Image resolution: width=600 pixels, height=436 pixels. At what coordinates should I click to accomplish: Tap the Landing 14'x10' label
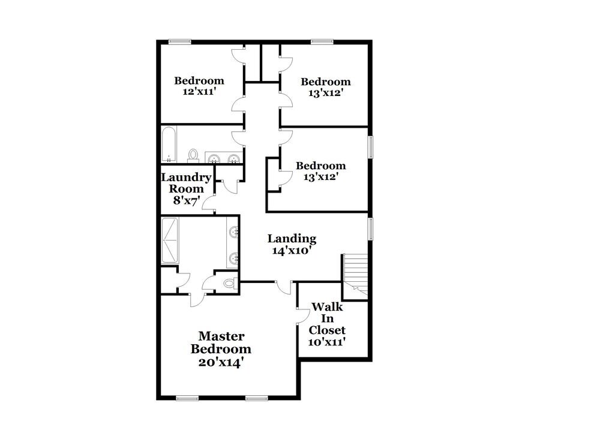[292, 245]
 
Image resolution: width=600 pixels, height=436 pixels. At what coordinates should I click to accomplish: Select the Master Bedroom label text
[221, 342]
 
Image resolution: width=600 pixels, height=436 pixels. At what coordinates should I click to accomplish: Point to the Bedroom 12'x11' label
[199, 86]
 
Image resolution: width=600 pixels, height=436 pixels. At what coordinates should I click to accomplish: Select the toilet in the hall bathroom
[193, 155]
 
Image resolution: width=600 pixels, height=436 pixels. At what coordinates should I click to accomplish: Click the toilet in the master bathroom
[229, 283]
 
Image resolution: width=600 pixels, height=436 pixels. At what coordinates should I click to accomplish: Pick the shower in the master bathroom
[170, 240]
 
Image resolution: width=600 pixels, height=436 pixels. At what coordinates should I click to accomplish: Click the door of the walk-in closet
[303, 317]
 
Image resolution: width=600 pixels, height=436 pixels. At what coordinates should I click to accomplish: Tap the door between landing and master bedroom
[283, 287]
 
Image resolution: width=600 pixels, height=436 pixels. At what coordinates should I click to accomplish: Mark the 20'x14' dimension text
[221, 362]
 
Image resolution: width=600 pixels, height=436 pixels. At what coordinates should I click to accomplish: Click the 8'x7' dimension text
[186, 201]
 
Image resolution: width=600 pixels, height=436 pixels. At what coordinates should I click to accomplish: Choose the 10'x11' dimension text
[327, 342]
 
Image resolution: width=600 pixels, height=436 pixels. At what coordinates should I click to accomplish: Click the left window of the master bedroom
[188, 398]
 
